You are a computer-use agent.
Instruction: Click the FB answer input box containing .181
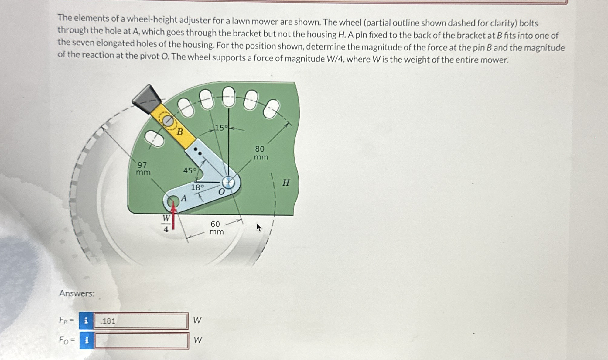click(141, 321)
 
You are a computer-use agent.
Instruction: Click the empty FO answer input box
click(142, 341)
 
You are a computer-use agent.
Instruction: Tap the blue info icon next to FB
click(86, 321)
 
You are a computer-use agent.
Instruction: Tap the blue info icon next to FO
click(87, 340)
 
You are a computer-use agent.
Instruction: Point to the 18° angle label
click(197, 187)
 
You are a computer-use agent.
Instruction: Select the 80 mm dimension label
click(261, 153)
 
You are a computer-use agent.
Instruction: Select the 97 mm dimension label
click(143, 169)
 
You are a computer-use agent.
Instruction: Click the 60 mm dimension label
click(216, 228)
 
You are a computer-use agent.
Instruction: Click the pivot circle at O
click(228, 183)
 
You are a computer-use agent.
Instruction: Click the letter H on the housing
click(286, 183)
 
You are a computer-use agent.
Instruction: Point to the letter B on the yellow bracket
click(180, 132)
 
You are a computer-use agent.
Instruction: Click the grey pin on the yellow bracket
click(168, 121)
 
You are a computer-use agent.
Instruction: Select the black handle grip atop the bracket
click(147, 99)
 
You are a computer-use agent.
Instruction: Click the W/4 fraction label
click(166, 223)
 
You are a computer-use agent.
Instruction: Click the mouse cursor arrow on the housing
click(259, 227)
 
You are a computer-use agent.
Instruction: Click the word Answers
click(77, 293)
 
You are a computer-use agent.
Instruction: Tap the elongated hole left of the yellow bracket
click(154, 139)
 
